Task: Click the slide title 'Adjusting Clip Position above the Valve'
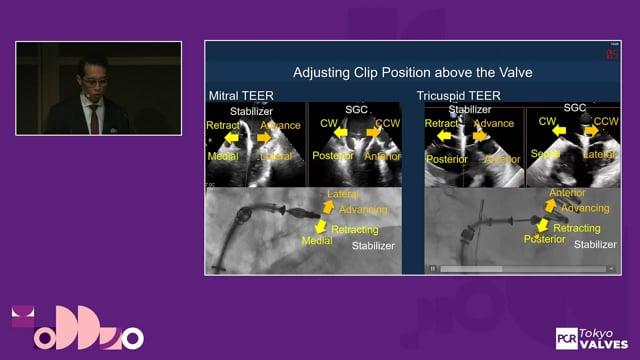click(413, 72)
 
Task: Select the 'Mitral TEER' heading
click(241, 96)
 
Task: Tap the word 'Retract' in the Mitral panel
click(223, 126)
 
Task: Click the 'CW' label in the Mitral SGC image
click(328, 123)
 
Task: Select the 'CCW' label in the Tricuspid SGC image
click(605, 122)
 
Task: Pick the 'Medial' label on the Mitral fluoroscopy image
click(316, 241)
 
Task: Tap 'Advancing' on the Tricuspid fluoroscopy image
click(584, 208)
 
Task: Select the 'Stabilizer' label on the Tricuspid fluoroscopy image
click(594, 243)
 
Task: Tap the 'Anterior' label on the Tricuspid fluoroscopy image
click(566, 193)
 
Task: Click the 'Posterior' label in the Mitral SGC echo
click(329, 156)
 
